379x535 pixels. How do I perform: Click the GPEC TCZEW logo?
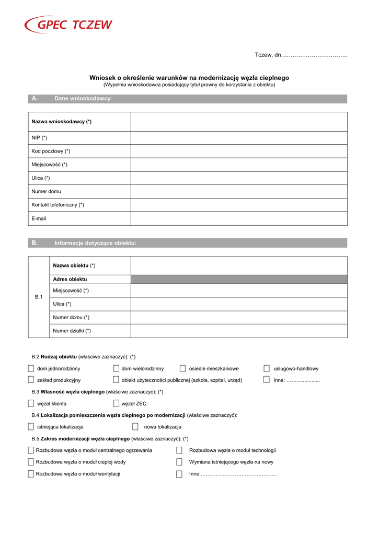point(68,25)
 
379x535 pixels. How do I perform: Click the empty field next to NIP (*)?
point(238,137)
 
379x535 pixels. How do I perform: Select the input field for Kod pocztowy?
point(238,151)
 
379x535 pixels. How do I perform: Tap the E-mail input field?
point(238,218)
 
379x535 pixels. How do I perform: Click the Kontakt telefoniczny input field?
point(238,205)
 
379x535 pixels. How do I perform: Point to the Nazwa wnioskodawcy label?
point(62,121)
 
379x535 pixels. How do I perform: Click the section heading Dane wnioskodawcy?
point(83,99)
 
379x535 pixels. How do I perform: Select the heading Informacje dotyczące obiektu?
point(95,243)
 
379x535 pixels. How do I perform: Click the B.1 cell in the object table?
point(38,297)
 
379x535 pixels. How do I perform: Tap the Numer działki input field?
point(238,331)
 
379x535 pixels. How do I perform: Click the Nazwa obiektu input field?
point(238,265)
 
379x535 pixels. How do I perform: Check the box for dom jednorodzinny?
point(31,368)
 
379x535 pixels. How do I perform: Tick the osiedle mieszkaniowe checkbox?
point(182,368)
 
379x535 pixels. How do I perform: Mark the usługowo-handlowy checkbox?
point(267,368)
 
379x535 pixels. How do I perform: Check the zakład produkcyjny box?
point(31,380)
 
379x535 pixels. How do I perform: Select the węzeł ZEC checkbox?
point(116,403)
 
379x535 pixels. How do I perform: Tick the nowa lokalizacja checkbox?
point(135,427)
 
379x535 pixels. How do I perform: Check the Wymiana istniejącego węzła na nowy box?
point(179,462)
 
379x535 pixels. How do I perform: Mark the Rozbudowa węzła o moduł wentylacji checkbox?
point(31,474)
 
